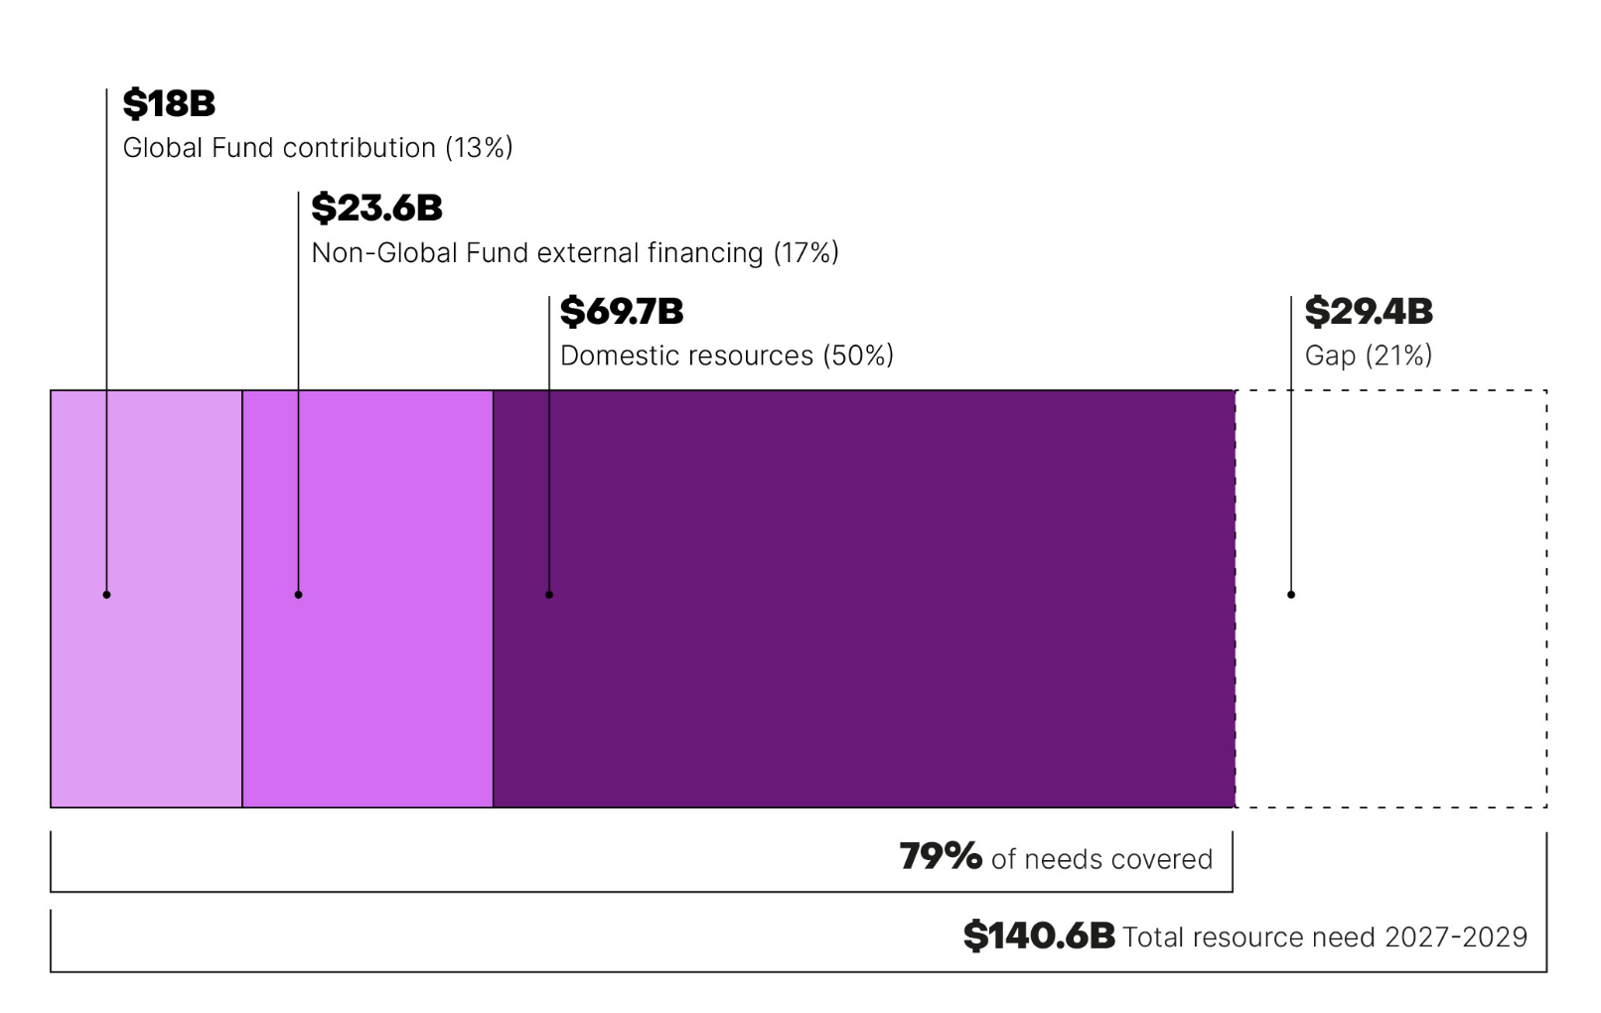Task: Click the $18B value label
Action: click(169, 103)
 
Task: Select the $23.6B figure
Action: click(376, 208)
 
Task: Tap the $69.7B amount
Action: click(622, 311)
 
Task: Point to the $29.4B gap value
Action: click(1369, 311)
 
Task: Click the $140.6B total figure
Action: click(1039, 936)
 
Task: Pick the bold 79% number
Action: click(940, 856)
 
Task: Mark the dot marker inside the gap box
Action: click(1291, 595)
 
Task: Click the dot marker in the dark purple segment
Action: click(549, 595)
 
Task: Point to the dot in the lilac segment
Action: click(106, 595)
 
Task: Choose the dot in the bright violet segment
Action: click(298, 595)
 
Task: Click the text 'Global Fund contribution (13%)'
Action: click(318, 148)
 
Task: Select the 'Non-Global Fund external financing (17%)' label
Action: click(575, 253)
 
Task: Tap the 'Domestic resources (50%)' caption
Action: click(727, 356)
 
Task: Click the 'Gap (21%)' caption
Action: click(1369, 356)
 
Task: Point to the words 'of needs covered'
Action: click(1101, 859)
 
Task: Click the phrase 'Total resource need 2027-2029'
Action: click(1325, 938)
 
